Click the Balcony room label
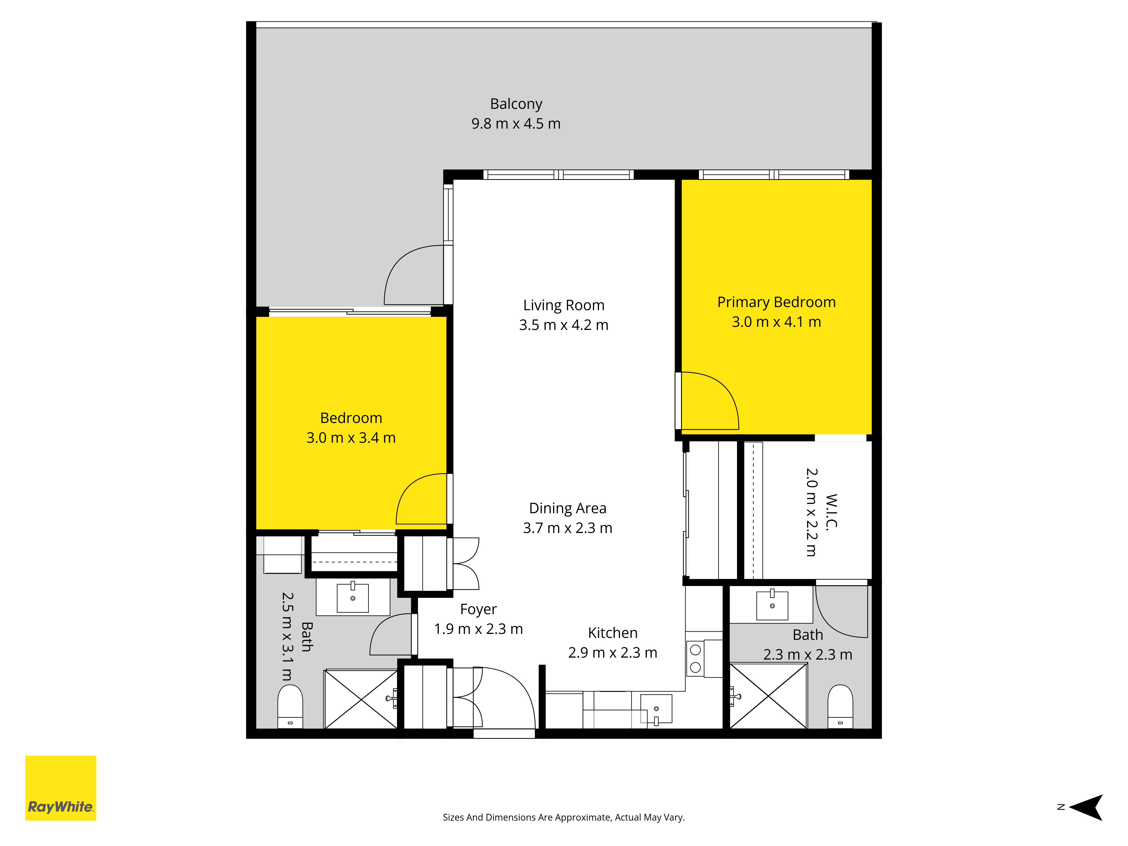pos(516,104)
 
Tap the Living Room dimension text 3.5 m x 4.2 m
pos(563,325)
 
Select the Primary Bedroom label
pos(776,302)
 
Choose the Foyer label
pos(478,609)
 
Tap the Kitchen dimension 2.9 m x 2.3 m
pos(613,653)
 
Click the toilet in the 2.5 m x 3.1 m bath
pos(290,706)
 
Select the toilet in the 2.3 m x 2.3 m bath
pos(840,706)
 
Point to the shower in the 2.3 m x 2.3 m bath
pos(768,696)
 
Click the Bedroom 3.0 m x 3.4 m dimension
pos(351,438)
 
